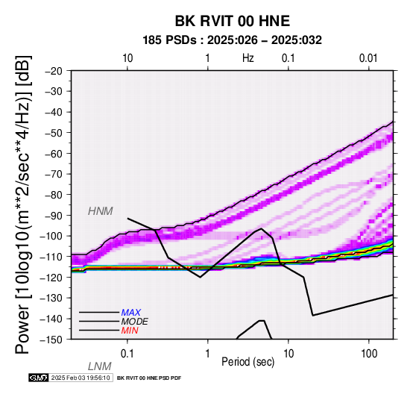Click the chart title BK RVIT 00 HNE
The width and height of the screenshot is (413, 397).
tap(233, 21)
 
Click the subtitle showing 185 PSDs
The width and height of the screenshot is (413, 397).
tap(232, 40)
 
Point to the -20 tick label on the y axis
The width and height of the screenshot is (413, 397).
tap(54, 71)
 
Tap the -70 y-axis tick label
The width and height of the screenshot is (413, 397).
tap(54, 174)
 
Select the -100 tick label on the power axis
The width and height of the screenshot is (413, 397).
tap(51, 236)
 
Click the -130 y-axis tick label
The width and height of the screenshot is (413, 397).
tap(51, 298)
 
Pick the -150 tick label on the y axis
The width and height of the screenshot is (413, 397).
tap(51, 340)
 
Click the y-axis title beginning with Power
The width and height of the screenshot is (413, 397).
tap(23, 204)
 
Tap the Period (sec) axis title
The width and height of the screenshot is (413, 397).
tap(248, 362)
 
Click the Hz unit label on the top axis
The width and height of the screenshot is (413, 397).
tap(248, 58)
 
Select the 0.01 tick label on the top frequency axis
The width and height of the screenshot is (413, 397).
tap(368, 58)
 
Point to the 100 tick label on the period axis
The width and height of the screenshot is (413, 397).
tap(369, 354)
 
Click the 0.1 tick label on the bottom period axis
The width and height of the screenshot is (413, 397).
tap(127, 354)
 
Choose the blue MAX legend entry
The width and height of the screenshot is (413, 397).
tap(131, 313)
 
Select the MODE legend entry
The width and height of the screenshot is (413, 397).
tap(135, 322)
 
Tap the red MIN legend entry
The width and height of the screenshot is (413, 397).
tap(130, 331)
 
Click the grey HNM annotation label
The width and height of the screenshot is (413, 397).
tap(101, 211)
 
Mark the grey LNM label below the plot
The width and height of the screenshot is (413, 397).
tap(100, 366)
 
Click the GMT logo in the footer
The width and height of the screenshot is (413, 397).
tap(39, 378)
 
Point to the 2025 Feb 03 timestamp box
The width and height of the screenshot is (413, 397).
tap(81, 378)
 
